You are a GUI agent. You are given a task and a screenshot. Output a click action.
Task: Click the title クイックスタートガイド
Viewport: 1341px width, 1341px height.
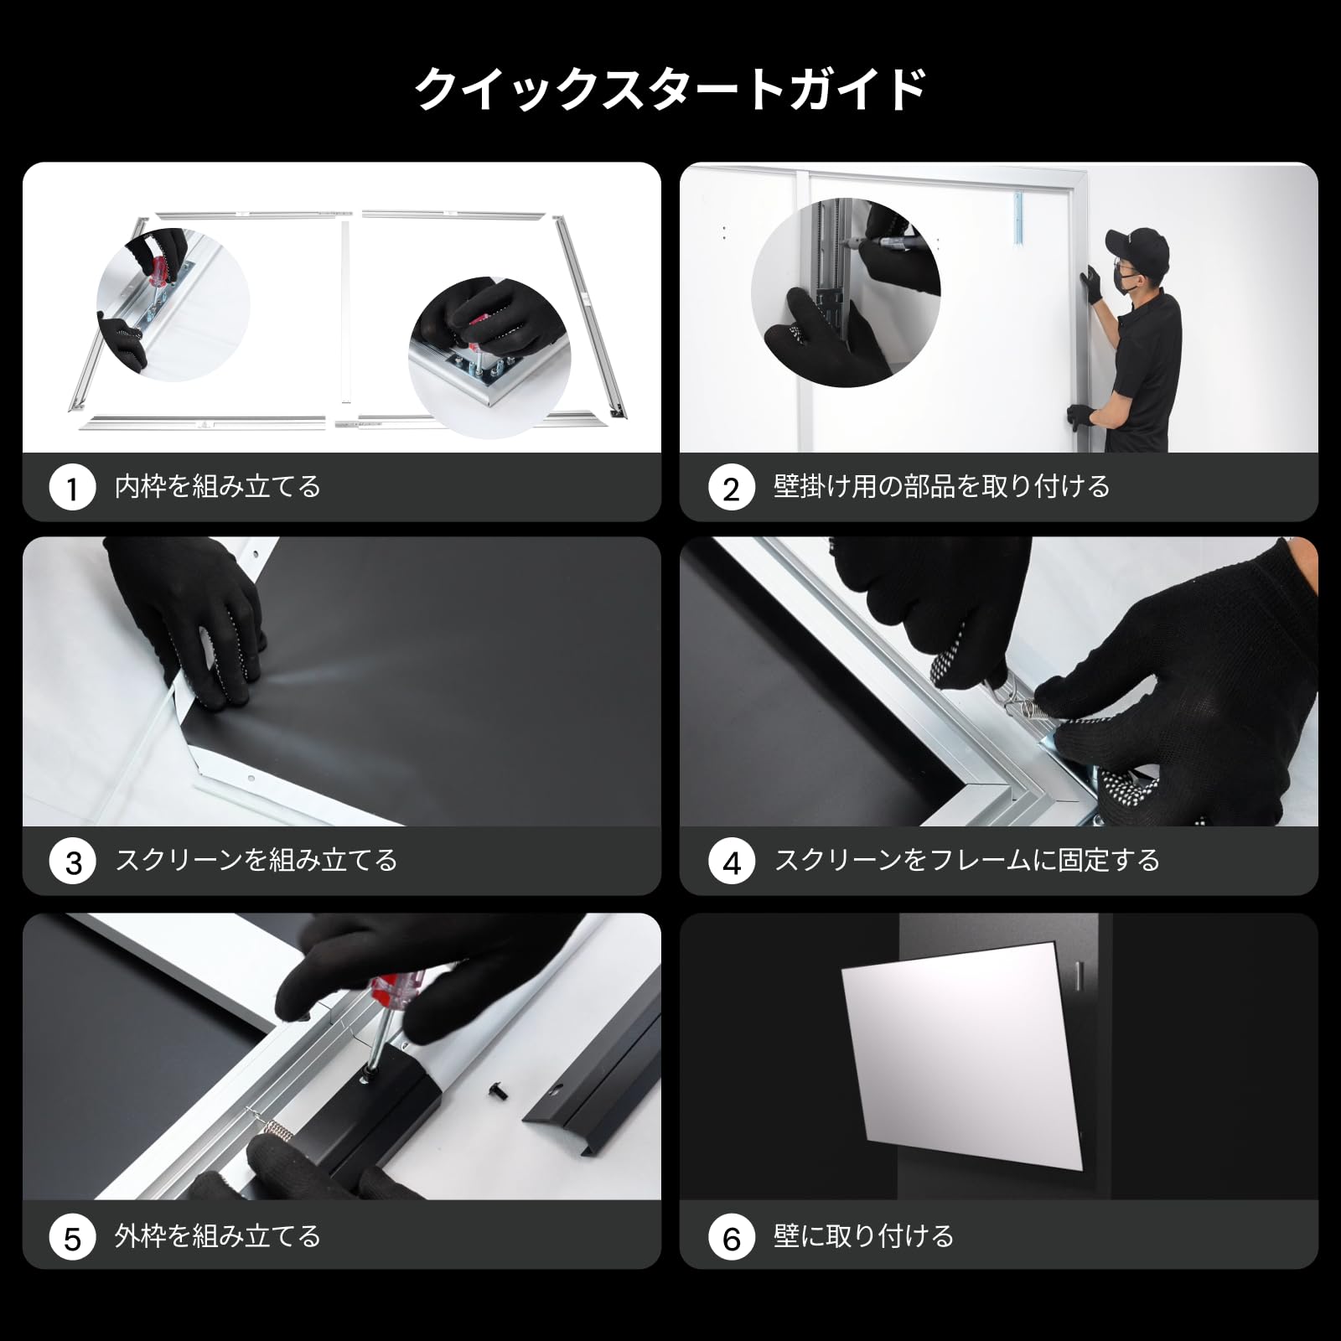(x=670, y=89)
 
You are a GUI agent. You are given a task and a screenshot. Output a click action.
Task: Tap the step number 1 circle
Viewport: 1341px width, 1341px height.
(x=72, y=488)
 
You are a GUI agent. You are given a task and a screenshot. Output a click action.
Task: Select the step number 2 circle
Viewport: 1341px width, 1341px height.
(x=731, y=488)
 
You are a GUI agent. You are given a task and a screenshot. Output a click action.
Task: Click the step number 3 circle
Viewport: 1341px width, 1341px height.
(x=73, y=862)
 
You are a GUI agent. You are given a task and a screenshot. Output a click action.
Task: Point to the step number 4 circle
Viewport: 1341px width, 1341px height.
(x=732, y=862)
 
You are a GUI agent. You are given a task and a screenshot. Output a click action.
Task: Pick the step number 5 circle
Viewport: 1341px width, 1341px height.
(x=73, y=1237)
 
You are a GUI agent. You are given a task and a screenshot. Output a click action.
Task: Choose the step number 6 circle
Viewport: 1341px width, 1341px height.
(x=732, y=1237)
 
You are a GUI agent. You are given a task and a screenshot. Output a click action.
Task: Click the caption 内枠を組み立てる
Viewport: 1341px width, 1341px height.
(x=218, y=487)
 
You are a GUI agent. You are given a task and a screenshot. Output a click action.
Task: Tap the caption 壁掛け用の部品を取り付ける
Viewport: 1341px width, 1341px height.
(x=941, y=487)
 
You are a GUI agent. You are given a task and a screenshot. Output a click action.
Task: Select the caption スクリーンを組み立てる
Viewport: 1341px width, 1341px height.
(x=256, y=861)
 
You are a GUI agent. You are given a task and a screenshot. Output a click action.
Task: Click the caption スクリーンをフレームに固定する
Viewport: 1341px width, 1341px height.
(x=966, y=861)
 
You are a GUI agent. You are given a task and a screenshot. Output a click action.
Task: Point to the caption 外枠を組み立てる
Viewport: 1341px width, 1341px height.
(x=218, y=1236)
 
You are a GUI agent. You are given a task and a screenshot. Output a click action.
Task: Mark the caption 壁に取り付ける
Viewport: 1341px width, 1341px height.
(x=863, y=1236)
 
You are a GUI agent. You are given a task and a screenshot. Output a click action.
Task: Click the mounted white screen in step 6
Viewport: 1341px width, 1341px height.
(x=964, y=1052)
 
